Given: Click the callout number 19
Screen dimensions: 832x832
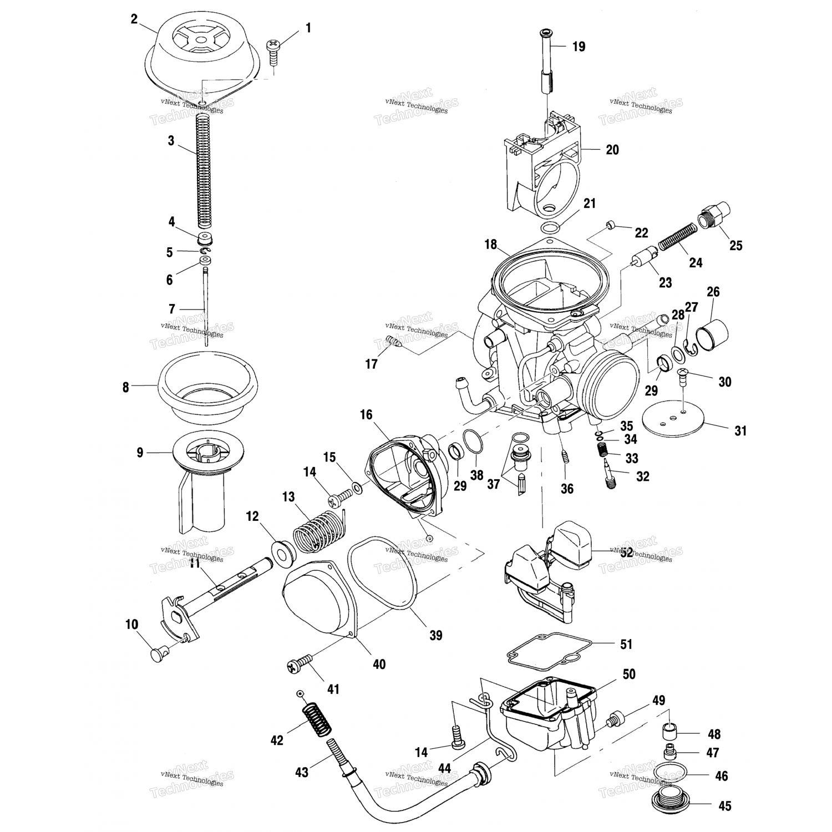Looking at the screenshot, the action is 579,47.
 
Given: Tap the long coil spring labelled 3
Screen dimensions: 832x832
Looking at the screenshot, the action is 204,172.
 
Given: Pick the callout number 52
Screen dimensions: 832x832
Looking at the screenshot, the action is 626,552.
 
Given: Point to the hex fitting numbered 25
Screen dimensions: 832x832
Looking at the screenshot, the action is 713,216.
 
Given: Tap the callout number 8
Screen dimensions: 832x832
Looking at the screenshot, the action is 126,388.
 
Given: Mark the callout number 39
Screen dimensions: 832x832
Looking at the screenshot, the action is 437,635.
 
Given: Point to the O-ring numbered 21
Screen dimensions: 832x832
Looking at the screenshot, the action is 550,228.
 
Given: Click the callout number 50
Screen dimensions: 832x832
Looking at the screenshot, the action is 629,674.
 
